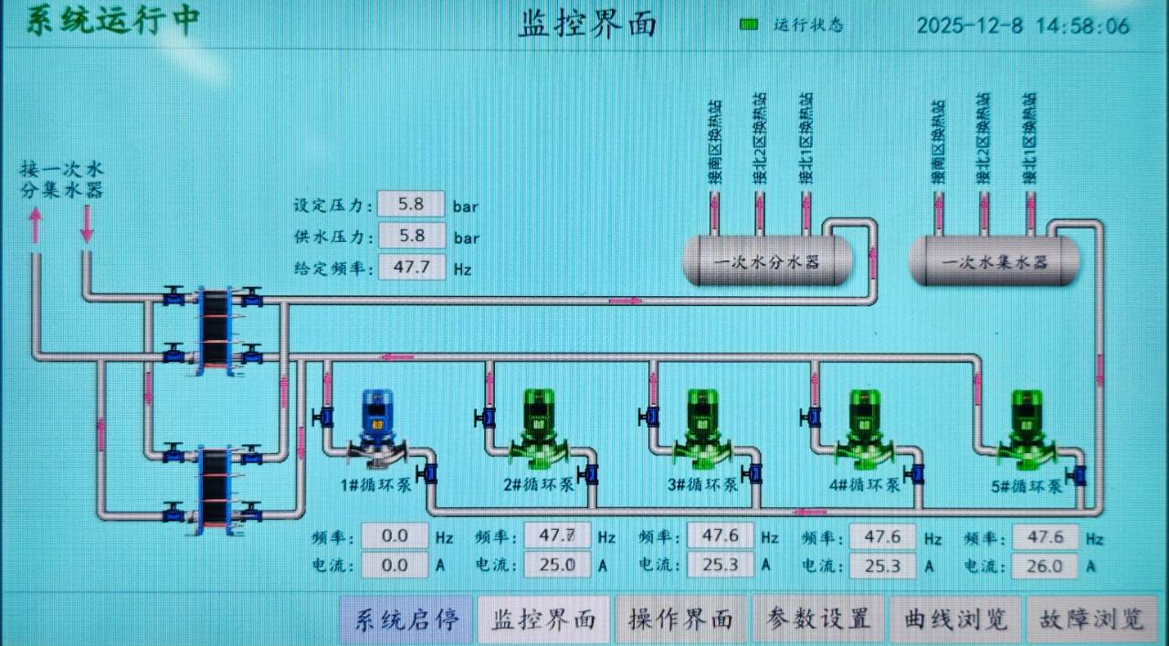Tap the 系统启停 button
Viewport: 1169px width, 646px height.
point(406,620)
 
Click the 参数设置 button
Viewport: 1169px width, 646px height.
point(818,620)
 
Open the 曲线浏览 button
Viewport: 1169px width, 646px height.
point(955,620)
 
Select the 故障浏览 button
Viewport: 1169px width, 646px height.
point(1091,620)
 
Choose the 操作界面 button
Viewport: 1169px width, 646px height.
point(681,620)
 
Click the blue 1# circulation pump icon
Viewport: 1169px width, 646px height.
point(375,424)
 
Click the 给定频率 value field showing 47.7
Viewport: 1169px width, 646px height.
point(410,268)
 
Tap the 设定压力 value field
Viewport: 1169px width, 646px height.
point(410,205)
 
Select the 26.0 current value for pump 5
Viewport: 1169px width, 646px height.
point(1045,567)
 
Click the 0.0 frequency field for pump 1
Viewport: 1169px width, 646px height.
point(395,535)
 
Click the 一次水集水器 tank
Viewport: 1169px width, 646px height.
point(995,262)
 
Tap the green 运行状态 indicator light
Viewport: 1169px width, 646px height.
point(749,25)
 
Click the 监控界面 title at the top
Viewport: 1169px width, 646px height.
point(587,24)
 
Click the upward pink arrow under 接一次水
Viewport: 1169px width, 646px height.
point(36,226)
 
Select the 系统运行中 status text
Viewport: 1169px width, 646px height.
point(111,20)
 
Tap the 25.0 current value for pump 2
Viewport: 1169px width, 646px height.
point(556,567)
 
